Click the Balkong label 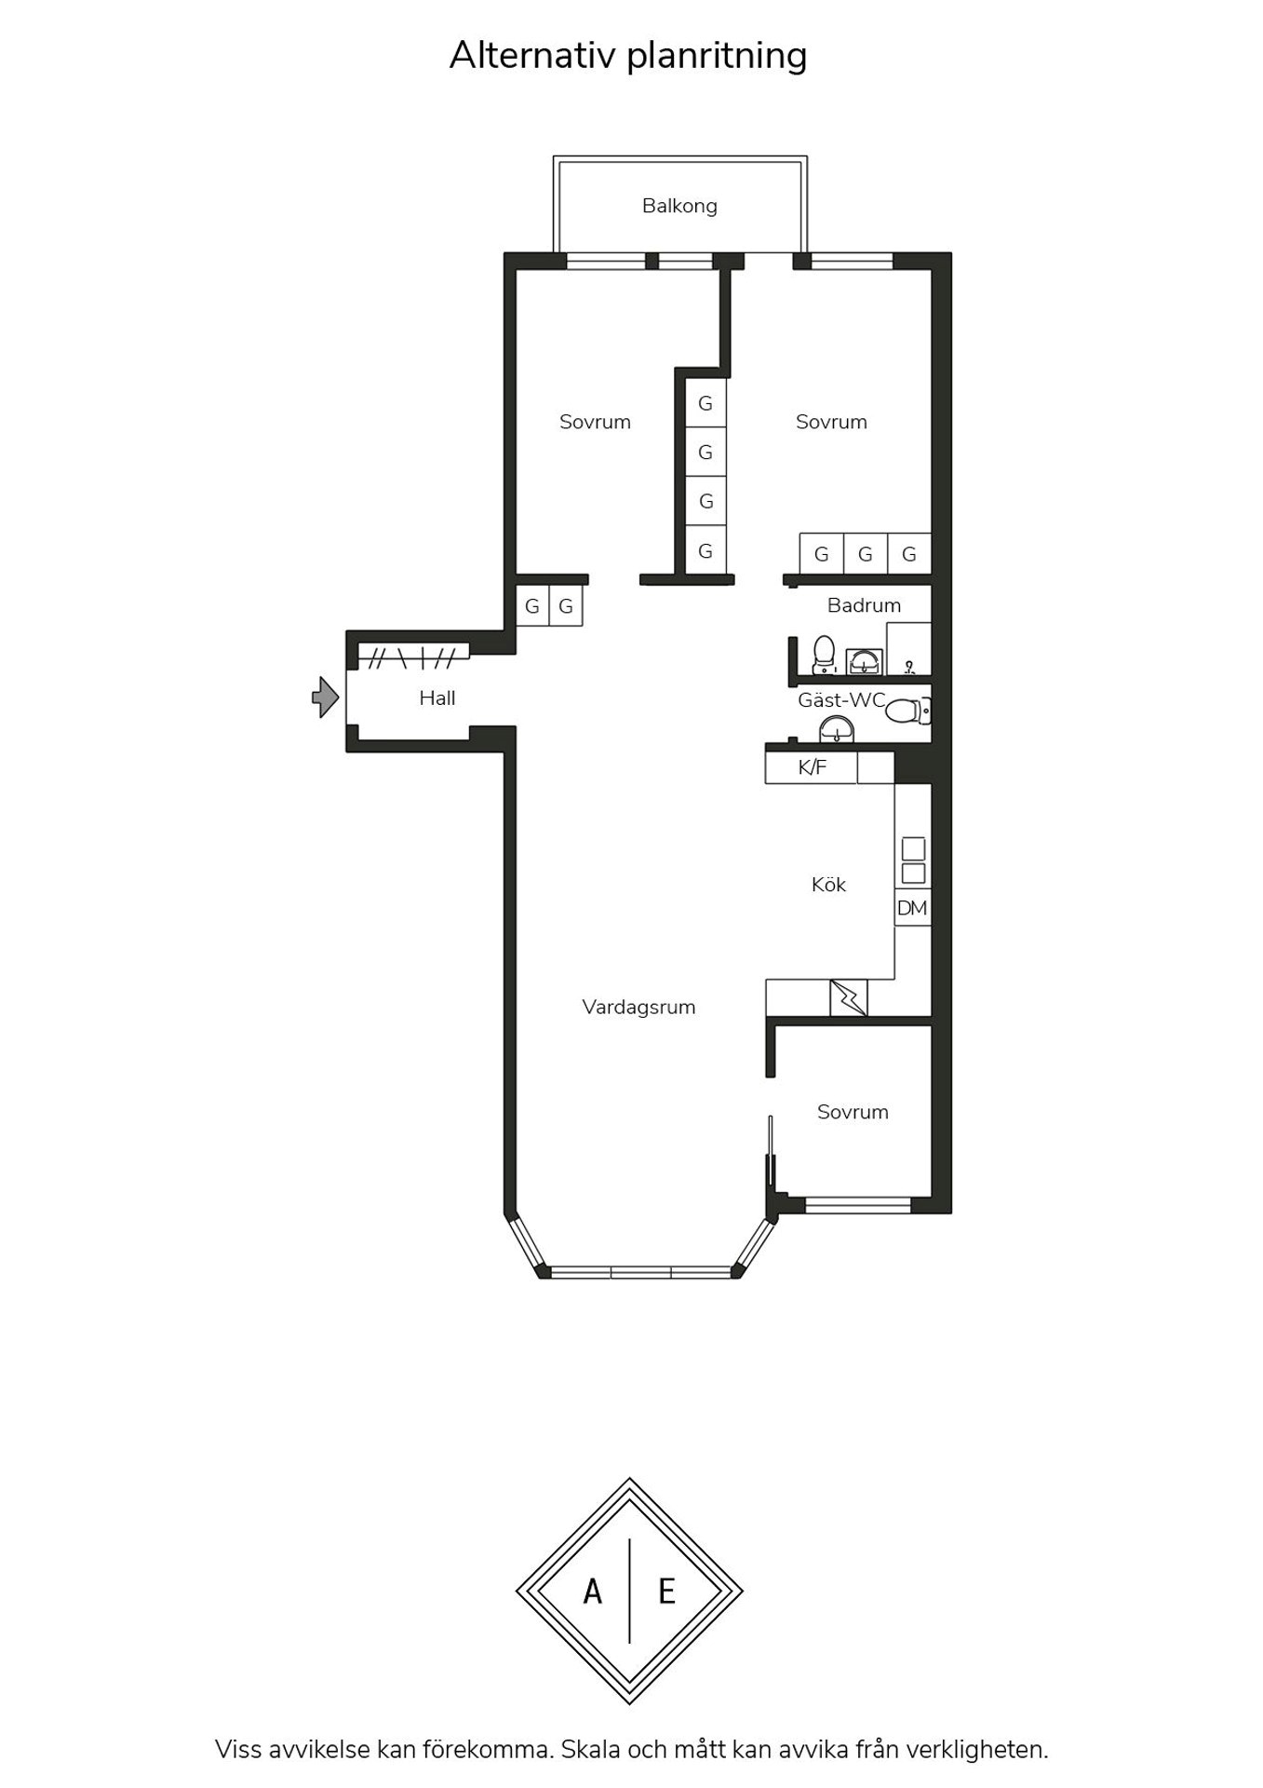coord(679,206)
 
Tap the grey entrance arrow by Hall coord(325,697)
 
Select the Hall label coord(437,698)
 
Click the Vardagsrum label coord(638,1007)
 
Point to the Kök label coord(828,884)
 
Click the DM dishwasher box coord(912,907)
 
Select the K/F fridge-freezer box coord(811,767)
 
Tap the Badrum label coord(864,605)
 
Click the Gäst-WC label coord(841,700)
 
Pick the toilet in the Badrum coord(824,655)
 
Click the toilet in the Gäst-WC coord(907,711)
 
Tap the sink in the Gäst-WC coord(837,729)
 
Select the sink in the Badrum coord(865,662)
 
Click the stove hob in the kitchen coord(913,860)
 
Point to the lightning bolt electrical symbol coord(848,998)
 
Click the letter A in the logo coord(592,1592)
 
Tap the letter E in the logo coord(666,1592)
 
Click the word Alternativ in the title coord(533,55)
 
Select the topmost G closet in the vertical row coord(705,402)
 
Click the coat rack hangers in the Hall coord(413,658)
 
